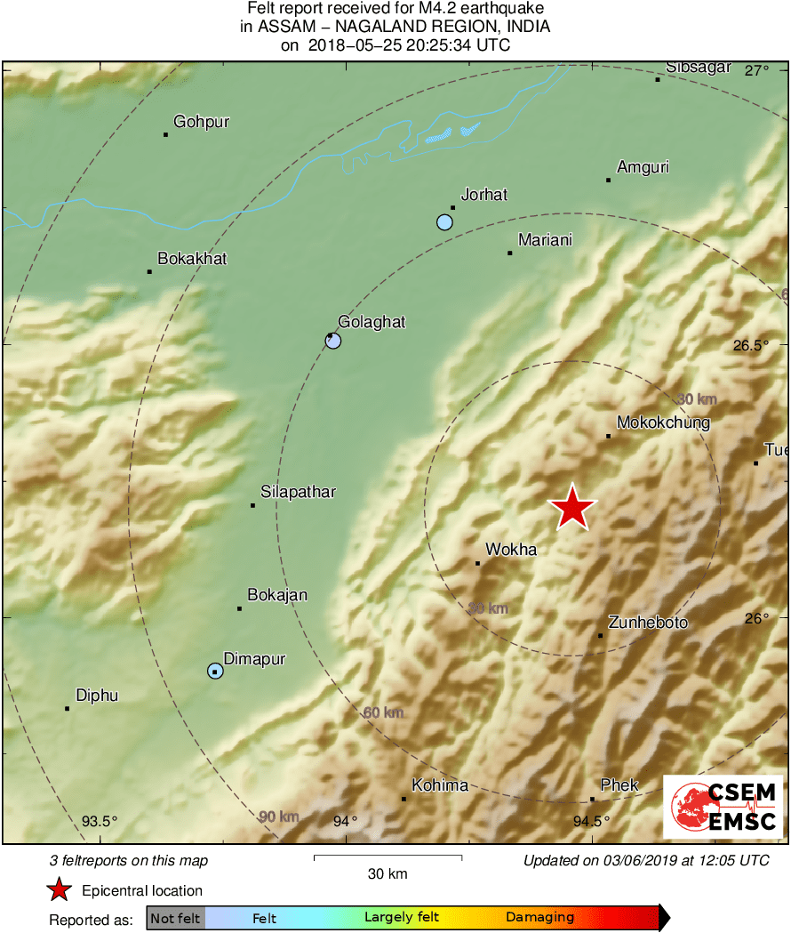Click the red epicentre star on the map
[572, 508]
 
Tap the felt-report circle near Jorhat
[444, 221]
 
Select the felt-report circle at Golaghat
[333, 340]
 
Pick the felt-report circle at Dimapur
[215, 671]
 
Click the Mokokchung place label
[663, 422]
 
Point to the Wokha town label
[511, 550]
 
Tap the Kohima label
[439, 785]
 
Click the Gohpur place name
[201, 122]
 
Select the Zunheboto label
[648, 623]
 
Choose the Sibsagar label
[699, 68]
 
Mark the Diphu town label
[97, 696]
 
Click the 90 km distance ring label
[279, 816]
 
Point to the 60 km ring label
[383, 712]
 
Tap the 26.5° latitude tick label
[751, 345]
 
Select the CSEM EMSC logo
[723, 806]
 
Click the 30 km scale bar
[388, 857]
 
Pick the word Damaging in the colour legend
[539, 917]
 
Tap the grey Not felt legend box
[175, 917]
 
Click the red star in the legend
[60, 889]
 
